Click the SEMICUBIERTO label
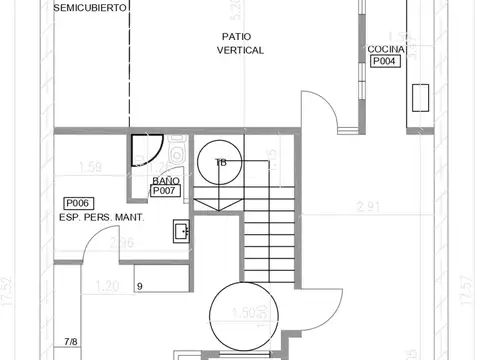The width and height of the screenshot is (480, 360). coord(90,8)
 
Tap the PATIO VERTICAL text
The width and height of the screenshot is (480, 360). coord(239,43)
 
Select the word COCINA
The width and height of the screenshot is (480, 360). coord(385,49)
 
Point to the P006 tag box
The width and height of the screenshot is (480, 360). coord(77,202)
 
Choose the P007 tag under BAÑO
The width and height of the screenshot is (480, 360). coord(164,190)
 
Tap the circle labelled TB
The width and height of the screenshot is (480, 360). coord(219,161)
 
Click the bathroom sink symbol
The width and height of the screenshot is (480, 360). coord(182,230)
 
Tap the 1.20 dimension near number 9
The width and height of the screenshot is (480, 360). coord(108,286)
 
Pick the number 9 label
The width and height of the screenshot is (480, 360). coord(140,287)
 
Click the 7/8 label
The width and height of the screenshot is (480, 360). coord(71,342)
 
